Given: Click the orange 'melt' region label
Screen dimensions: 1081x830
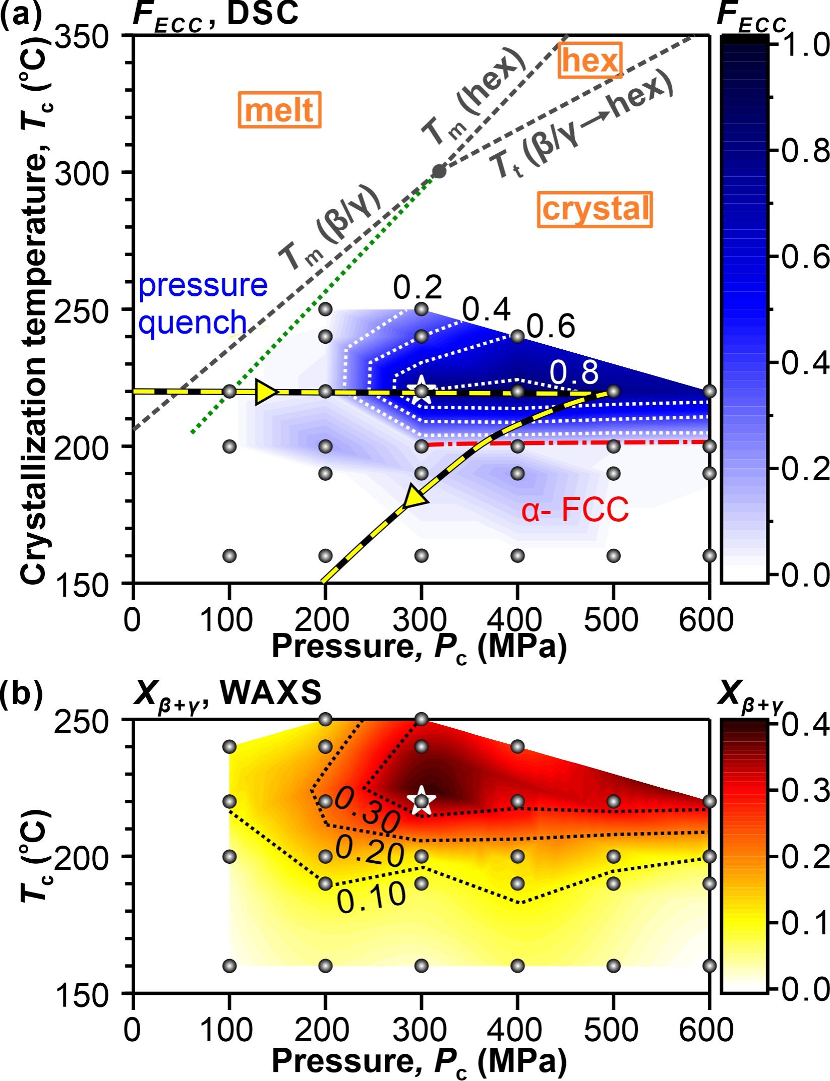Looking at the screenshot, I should pos(279,110).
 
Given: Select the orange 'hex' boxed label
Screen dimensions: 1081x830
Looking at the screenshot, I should pos(589,60).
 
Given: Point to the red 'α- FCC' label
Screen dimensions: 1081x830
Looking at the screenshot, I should pos(575,510).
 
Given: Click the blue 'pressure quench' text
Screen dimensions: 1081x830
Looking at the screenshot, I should pos(202,304).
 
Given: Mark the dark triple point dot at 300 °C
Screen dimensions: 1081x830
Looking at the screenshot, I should pos(439,171).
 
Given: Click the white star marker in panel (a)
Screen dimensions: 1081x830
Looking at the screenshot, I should pos(421,391).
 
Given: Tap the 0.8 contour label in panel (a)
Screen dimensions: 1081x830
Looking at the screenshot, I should pos(574,373).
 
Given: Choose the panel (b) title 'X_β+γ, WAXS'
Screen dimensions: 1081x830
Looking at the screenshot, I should pos(227,694).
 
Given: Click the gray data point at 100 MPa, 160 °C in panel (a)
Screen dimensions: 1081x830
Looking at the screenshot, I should pos(229,556).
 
